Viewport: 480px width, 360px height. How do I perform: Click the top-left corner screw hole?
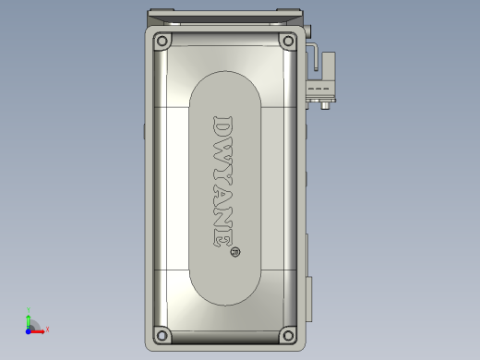pos(162,42)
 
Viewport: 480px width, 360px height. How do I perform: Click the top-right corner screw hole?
pos(286,42)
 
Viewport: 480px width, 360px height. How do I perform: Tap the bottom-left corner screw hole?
pos(162,334)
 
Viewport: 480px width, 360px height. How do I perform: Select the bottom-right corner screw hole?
pos(286,334)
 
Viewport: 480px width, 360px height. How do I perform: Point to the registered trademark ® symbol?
pos(234,250)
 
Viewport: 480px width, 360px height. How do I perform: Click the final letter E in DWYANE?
pos(223,238)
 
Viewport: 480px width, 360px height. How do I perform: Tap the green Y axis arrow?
pos(29,318)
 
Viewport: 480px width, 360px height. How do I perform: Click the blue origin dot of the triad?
pos(29,329)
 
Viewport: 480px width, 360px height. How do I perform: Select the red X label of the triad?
pos(47,329)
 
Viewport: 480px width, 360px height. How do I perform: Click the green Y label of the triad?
pos(29,310)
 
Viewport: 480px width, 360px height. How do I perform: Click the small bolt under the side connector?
pos(324,104)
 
